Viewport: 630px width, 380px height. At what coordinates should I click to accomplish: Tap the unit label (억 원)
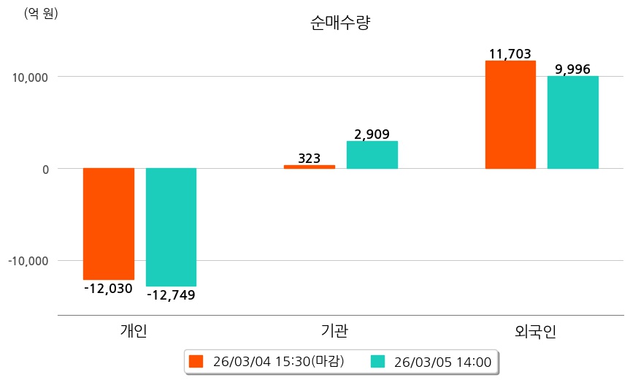point(41,14)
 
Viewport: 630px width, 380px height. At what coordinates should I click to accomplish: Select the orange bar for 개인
point(109,224)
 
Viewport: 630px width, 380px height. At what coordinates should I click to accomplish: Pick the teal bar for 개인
point(171,227)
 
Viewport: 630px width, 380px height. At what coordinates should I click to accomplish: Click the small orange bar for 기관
point(310,167)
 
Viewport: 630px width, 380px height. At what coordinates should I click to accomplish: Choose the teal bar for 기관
point(372,155)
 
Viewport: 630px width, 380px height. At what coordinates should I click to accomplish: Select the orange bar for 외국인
point(510,115)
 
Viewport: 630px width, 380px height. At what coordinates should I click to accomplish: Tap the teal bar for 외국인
point(573,122)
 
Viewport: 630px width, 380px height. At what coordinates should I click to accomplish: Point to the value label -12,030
point(108,289)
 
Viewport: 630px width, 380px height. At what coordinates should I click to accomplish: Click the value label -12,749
point(171,295)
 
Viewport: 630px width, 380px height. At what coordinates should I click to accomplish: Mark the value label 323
point(310,158)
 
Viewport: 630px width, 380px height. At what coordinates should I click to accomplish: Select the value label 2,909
point(372,134)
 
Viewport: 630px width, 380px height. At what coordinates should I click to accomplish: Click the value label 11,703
point(510,53)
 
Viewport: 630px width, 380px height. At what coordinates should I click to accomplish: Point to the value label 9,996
point(573,69)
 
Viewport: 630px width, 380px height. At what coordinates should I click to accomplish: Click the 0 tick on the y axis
point(45,169)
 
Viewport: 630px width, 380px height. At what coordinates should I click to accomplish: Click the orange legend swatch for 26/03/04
point(196,361)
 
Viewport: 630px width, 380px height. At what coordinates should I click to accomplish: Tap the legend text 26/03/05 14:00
point(442,361)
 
